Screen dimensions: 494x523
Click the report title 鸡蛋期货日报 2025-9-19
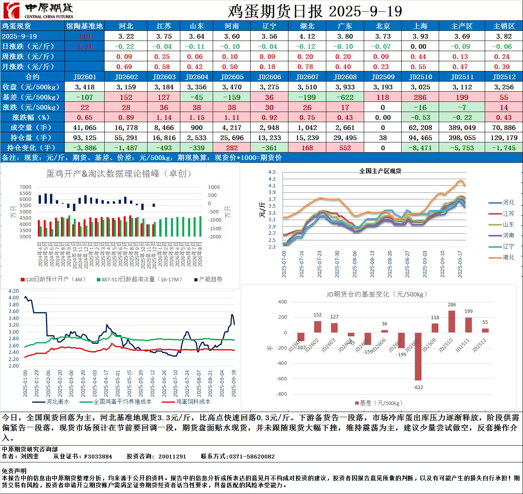[x=315, y=11]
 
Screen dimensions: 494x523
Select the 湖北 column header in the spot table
[x=307, y=26]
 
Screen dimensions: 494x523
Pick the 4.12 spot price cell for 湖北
[x=307, y=36]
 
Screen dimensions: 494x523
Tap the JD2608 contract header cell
[x=345, y=77]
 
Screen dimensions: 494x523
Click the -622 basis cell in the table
[x=345, y=97]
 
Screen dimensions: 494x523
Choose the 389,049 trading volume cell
[x=462, y=128]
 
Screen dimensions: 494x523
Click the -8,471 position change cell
[x=420, y=148]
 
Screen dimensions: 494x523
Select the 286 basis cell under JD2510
[x=420, y=97]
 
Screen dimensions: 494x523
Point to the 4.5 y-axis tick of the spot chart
[x=272, y=172]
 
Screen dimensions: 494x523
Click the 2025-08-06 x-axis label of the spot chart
[x=355, y=264]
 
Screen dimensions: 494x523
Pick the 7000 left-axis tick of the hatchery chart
[x=25, y=187]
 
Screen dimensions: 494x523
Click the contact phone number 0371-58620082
[x=252, y=456]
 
